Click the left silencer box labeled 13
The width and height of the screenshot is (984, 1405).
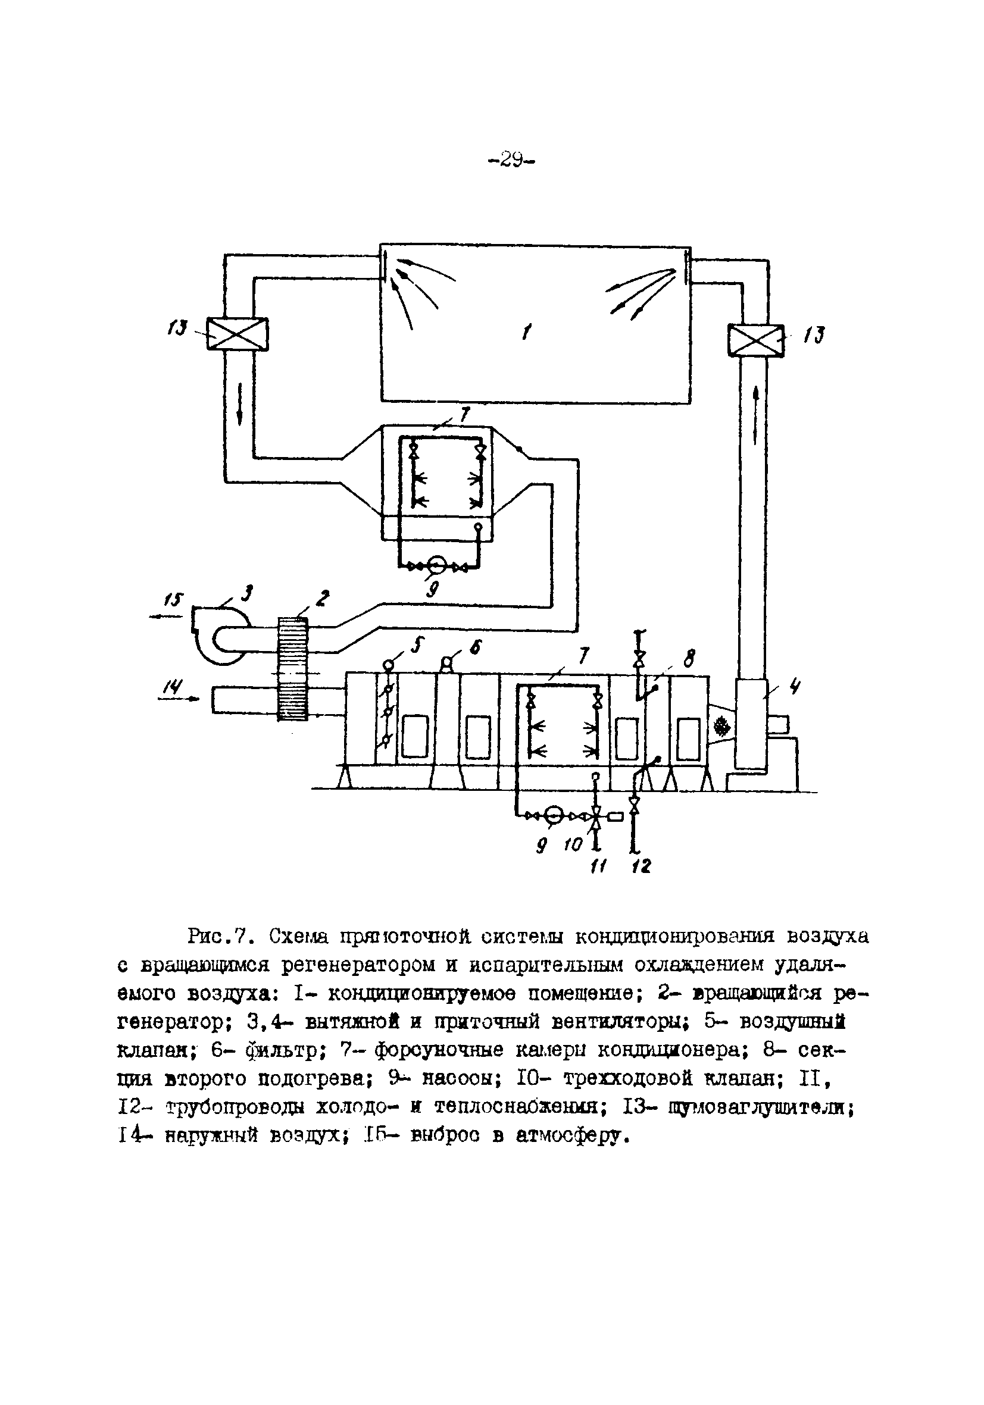pyautogui.click(x=237, y=333)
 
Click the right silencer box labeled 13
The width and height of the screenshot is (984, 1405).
pyautogui.click(x=755, y=340)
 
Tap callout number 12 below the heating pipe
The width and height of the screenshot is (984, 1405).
pyautogui.click(x=641, y=866)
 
